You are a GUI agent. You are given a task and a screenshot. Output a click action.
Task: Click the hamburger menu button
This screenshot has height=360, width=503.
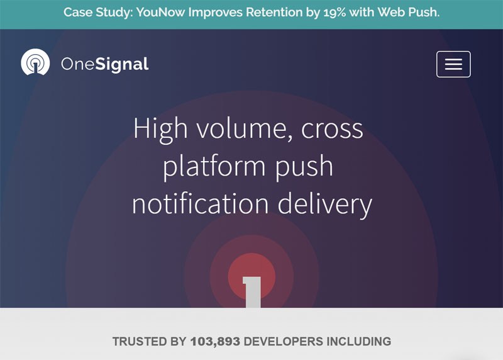click(453, 64)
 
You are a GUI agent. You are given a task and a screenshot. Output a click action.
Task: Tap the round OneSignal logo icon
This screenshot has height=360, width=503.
click(35, 62)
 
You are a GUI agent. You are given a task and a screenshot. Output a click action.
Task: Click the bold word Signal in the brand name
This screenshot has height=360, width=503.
click(122, 64)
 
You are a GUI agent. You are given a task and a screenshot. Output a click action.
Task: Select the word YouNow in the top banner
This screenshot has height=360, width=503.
click(161, 12)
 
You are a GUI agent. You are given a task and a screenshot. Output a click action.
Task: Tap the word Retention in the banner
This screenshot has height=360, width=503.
click(274, 12)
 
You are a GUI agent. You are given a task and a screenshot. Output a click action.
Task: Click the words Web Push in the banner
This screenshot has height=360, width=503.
click(408, 12)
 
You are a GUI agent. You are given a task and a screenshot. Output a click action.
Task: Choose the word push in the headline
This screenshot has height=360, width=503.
click(304, 167)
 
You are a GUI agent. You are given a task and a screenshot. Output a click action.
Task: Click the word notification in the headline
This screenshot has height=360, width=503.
click(200, 204)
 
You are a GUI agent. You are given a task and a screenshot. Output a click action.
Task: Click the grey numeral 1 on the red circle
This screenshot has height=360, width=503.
click(252, 292)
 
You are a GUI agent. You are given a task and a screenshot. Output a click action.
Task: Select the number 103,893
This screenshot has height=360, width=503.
click(215, 342)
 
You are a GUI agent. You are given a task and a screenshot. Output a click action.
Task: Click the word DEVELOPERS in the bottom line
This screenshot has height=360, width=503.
click(284, 341)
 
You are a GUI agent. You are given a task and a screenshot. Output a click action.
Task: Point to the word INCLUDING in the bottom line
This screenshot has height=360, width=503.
click(359, 341)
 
